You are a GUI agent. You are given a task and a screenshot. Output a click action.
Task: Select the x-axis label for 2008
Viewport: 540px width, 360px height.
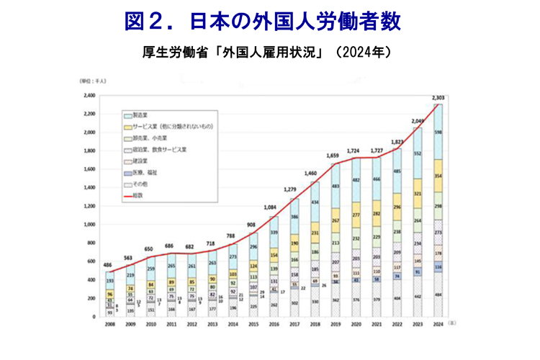click(110, 325)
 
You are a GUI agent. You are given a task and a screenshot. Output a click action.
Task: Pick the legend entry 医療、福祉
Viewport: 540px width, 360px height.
click(142, 174)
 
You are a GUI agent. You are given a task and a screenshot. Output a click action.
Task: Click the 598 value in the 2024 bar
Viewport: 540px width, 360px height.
click(438, 132)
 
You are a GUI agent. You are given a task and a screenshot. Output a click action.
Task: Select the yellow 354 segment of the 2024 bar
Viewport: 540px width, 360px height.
click(438, 176)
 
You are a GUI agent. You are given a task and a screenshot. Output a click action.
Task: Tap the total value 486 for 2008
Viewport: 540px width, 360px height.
click(108, 266)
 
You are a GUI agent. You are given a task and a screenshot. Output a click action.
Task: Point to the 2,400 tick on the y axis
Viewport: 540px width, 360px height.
click(89, 96)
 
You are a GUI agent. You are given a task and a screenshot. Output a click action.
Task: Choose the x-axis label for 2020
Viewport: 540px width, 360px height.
click(355, 325)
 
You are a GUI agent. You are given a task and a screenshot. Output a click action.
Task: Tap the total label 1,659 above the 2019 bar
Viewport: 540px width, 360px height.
click(334, 156)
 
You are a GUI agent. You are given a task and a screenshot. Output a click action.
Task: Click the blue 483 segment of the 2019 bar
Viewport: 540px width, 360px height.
click(335, 186)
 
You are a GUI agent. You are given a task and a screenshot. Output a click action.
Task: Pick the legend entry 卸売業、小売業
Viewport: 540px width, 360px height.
click(147, 139)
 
